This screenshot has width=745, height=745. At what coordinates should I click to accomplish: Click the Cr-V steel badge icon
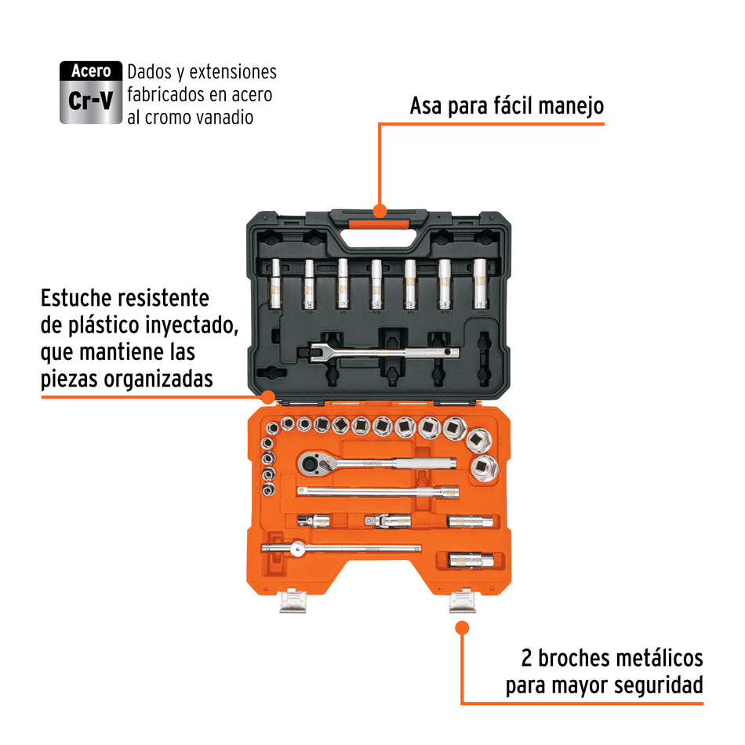[x=92, y=93]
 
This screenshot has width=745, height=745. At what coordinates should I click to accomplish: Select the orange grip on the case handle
[x=380, y=224]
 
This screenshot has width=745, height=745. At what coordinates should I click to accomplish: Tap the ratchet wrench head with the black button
[x=310, y=465]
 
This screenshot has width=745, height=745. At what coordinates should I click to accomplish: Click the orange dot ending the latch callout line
[x=462, y=627]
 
